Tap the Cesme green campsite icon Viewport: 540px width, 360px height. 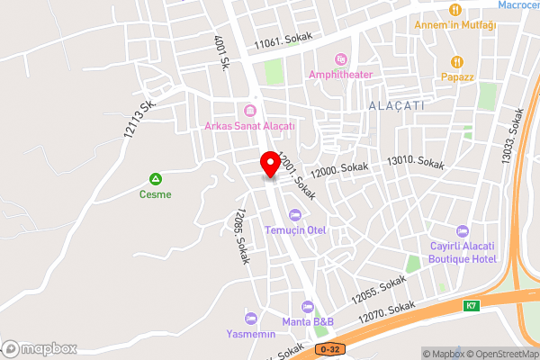pos(156,179)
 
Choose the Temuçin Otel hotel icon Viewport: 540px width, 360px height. pos(295,214)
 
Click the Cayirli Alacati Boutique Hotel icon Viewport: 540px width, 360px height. pos(463,231)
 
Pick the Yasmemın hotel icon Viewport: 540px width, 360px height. pos(250,318)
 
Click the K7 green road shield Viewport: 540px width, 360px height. pos(471,306)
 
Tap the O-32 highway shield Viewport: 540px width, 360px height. pos(330,349)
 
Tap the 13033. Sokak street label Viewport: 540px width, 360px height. pos(510,137)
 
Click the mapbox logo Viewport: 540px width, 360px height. pos(40,347)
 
